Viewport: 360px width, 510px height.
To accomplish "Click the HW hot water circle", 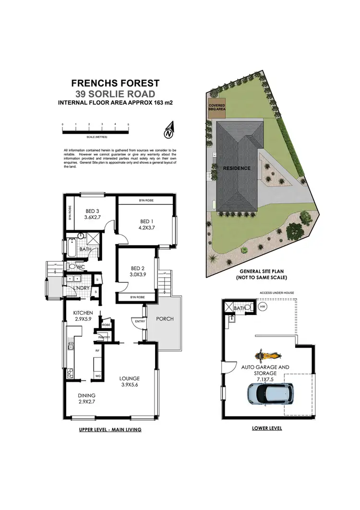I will coord(262,306).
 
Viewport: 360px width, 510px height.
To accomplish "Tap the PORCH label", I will coord(165,319).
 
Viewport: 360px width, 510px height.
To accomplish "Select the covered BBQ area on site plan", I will coord(216,108).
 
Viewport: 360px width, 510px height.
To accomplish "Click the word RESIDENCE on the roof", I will coord(236,169).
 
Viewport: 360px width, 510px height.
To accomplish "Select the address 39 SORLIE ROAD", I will coord(116,94).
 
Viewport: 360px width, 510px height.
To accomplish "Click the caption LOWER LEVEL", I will coord(266,428).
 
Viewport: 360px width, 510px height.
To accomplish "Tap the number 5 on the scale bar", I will coord(128,124).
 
